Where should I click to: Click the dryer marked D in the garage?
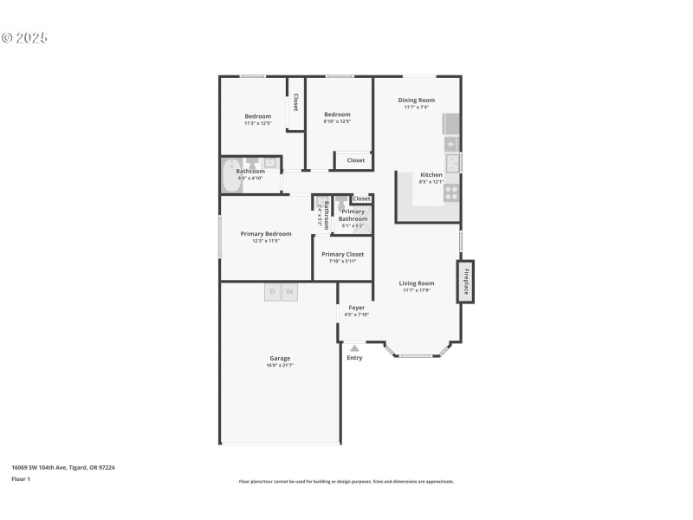[273, 292]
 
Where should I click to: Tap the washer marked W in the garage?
[289, 292]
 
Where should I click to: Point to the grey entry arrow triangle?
[354, 348]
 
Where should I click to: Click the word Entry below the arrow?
[354, 358]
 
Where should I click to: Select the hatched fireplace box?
[466, 282]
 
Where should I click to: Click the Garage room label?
[280, 358]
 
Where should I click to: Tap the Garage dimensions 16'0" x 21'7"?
[280, 366]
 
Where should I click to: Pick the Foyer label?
[356, 308]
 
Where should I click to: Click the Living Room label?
[417, 283]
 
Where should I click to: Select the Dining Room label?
[417, 100]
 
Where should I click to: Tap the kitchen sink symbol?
[452, 162]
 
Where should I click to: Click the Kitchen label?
[431, 174]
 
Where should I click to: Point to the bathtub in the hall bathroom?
[231, 177]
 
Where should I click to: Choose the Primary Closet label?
[342, 254]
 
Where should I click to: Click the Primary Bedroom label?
[266, 233]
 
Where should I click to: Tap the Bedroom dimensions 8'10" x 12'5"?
[337, 121]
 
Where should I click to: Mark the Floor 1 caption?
[20, 478]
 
